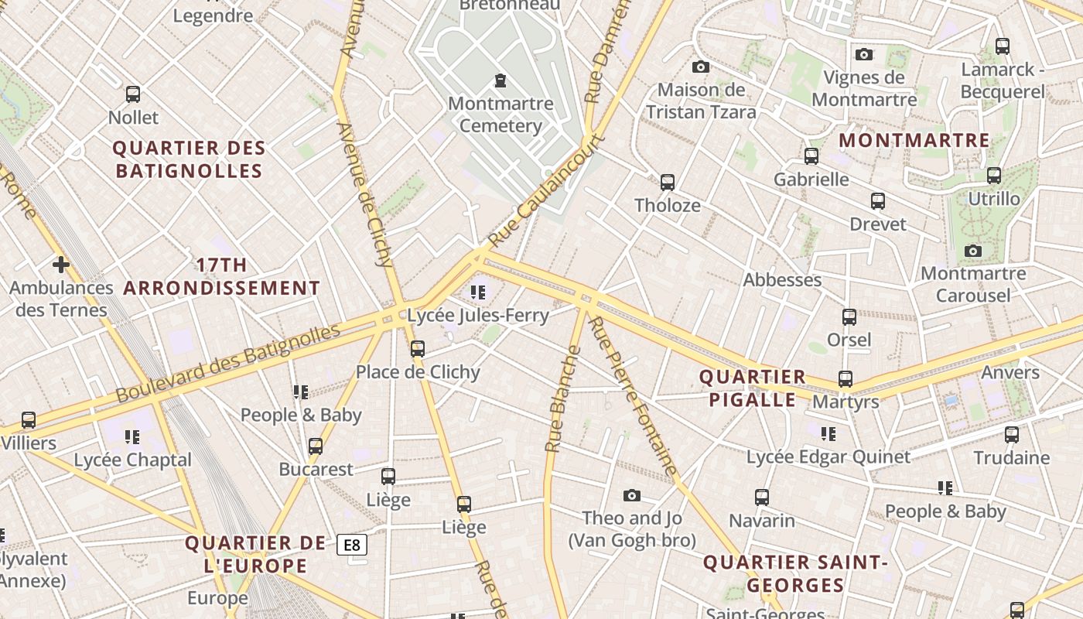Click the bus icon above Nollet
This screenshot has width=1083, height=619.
pos(133,94)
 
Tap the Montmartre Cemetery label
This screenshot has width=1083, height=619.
pos(501,115)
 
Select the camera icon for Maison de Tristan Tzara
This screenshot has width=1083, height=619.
pos(701,67)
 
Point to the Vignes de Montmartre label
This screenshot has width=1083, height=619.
pos(864,88)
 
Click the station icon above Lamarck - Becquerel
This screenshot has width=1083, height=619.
pos(1003,46)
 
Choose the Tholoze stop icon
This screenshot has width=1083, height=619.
pos(668,183)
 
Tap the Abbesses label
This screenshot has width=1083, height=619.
pos(782,280)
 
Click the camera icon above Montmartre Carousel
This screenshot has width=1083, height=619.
pos(973,251)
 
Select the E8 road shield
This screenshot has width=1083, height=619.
pos(352,545)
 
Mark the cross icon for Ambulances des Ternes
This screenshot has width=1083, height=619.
pos(61,265)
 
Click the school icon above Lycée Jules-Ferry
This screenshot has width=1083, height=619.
pos(478,292)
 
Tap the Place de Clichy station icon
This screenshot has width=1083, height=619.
pos(418,349)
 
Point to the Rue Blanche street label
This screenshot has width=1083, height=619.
pos(562,399)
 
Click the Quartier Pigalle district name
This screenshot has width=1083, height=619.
pos(752,388)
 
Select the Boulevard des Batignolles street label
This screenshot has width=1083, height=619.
pos(228,364)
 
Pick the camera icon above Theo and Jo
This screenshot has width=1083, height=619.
pos(632,495)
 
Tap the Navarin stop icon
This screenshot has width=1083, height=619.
pos(762,497)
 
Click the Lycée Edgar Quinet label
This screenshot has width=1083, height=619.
pos(828,457)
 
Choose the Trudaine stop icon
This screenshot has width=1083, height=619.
pos(1012,435)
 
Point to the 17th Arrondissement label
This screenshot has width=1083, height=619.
pos(221,277)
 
